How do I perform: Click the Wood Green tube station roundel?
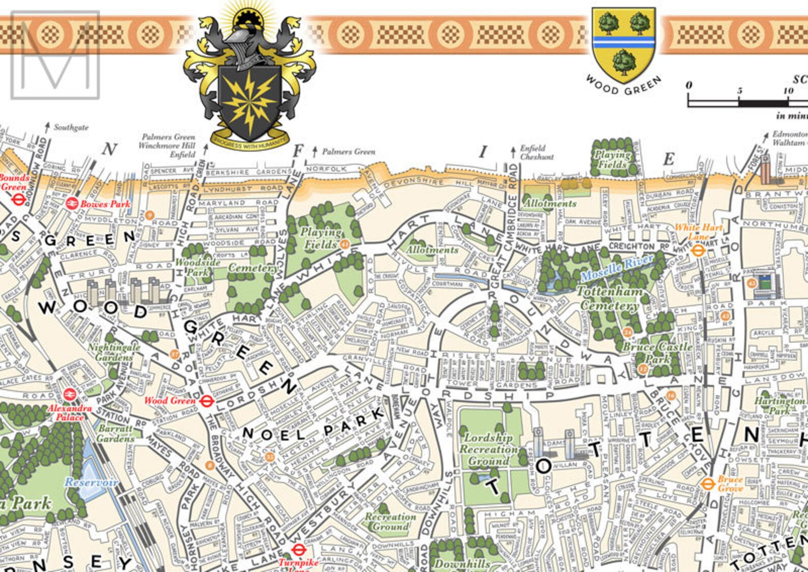[x=206, y=402]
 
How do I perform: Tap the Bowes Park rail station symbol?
[x=72, y=203]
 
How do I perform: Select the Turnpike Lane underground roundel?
[x=298, y=550]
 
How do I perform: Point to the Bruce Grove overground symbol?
[x=707, y=484]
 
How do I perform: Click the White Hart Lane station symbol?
[x=698, y=250]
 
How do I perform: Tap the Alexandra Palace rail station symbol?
[x=69, y=395]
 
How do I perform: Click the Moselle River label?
[x=617, y=268]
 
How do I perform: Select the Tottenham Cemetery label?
[x=610, y=298]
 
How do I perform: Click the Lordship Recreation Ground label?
[x=488, y=449]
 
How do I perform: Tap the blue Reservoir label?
[x=91, y=482]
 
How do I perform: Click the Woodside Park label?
[x=197, y=267]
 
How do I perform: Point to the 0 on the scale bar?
[x=688, y=85]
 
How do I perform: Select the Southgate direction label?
[x=71, y=128]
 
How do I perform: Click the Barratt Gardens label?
[x=116, y=433]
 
